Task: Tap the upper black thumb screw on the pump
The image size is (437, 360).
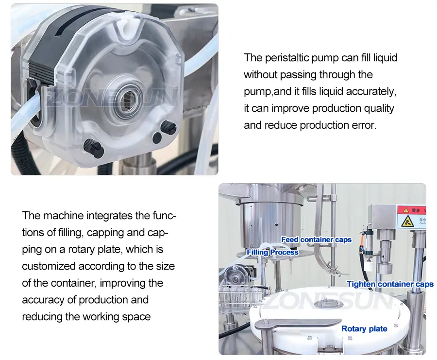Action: [168, 127]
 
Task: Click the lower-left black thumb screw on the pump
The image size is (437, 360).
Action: [94, 148]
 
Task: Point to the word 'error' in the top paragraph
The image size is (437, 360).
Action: [366, 125]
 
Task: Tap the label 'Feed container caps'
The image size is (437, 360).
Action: [316, 240]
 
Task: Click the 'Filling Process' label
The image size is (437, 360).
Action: [272, 252]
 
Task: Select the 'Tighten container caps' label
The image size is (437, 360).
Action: [390, 284]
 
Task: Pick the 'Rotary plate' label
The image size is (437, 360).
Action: [364, 329]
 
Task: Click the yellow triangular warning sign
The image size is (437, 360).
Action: [407, 221]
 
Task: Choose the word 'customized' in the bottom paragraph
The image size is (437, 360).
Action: [49, 266]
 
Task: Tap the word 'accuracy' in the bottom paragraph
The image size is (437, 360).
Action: [43, 300]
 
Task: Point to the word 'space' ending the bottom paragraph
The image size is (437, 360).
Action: [136, 317]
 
